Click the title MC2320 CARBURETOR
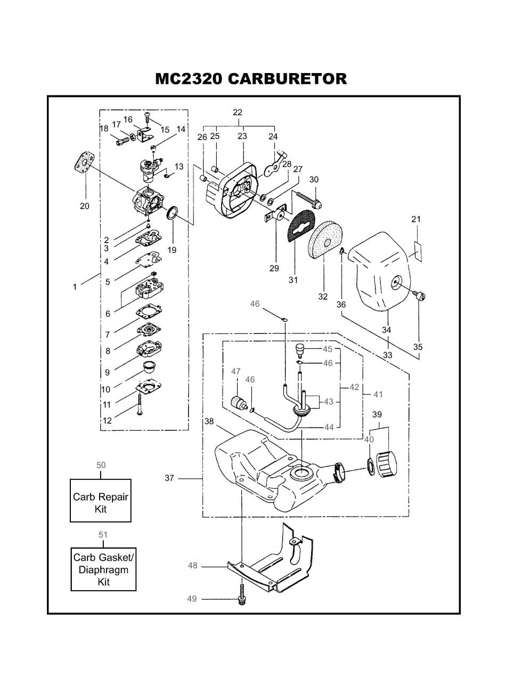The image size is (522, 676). (251, 79)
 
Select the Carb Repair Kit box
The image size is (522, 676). (100, 500)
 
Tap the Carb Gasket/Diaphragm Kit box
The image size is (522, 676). (103, 569)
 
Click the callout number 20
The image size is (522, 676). (85, 206)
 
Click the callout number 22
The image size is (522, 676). (238, 112)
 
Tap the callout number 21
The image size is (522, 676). (415, 219)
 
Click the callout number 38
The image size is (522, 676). (209, 421)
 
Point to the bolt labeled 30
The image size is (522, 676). (308, 199)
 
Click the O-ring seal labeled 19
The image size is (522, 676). (173, 213)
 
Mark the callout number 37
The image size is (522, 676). (169, 478)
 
